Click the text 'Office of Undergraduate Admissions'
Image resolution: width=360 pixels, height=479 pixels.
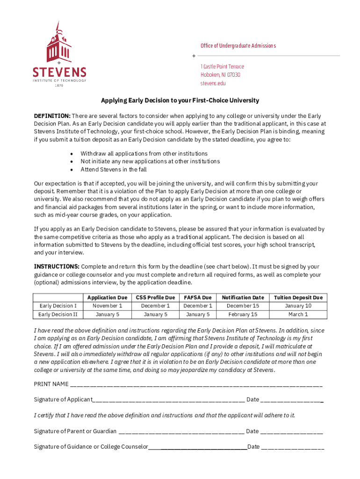point(238,46)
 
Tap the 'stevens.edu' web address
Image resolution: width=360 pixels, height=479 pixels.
point(213,83)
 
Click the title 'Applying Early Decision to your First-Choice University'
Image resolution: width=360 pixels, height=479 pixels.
point(180,101)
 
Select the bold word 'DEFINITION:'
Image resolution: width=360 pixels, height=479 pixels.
point(52,116)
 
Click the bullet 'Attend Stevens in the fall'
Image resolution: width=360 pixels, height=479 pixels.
point(113,170)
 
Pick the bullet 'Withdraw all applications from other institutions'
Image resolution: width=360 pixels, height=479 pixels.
point(144,154)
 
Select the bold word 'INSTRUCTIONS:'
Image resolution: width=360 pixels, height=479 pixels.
point(57,267)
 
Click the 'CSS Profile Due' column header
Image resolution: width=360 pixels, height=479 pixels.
point(155,298)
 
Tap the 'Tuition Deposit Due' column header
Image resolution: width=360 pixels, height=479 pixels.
point(298,298)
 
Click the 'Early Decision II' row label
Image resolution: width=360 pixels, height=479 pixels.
point(58,314)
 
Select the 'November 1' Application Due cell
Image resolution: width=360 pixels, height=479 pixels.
point(107,306)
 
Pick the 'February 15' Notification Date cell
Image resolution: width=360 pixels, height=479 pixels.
point(243,314)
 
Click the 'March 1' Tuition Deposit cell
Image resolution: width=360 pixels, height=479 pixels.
point(298,314)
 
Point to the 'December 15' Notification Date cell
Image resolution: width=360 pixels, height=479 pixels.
point(243,306)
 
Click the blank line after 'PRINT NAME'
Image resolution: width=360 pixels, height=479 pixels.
point(196,385)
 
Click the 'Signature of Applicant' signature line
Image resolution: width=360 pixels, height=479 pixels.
point(168,400)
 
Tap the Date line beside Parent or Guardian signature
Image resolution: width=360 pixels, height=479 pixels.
point(291,432)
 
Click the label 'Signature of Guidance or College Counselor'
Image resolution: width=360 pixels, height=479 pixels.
point(91,447)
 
